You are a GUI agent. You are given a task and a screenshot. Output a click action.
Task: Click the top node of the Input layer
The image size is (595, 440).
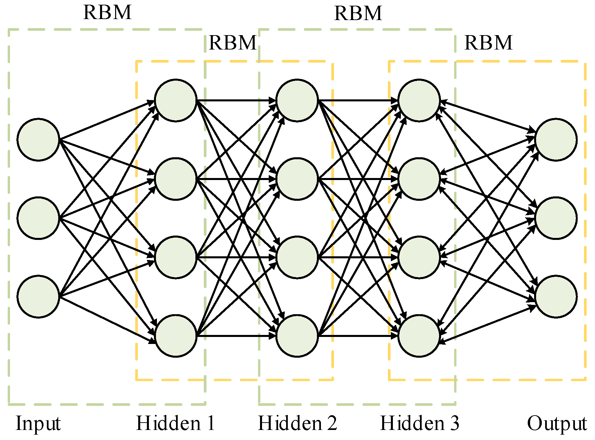pyautogui.click(x=38, y=140)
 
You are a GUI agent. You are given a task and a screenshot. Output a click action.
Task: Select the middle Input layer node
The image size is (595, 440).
pyautogui.click(x=38, y=218)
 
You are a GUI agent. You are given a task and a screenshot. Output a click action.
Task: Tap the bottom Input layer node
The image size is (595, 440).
pyautogui.click(x=38, y=296)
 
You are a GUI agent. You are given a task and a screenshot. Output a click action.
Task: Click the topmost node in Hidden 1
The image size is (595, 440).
pyautogui.click(x=176, y=100)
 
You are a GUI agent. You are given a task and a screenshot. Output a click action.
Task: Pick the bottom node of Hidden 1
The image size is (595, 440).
pyautogui.click(x=176, y=336)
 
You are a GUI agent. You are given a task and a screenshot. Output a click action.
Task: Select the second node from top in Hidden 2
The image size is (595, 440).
pyautogui.click(x=297, y=179)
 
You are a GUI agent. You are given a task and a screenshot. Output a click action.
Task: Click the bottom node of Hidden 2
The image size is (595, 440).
pyautogui.click(x=297, y=336)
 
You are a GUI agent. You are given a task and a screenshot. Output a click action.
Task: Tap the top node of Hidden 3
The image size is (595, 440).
pyautogui.click(x=419, y=100)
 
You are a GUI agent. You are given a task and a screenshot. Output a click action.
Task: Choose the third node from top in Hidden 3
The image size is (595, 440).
pyautogui.click(x=419, y=257)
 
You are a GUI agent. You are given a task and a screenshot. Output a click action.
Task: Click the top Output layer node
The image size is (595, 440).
pyautogui.click(x=556, y=140)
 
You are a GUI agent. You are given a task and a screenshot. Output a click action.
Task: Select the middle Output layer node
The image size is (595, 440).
pyautogui.click(x=556, y=218)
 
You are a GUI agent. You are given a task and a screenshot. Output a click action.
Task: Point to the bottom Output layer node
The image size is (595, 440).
pyautogui.click(x=556, y=296)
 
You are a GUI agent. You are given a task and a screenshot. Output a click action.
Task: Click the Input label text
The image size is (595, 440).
pyautogui.click(x=38, y=424)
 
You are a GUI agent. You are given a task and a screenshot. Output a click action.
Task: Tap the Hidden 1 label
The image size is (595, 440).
pyautogui.click(x=175, y=423)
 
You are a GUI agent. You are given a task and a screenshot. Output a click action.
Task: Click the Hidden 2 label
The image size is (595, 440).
pyautogui.click(x=297, y=423)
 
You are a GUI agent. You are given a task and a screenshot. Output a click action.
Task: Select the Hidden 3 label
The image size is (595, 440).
pyautogui.click(x=420, y=423)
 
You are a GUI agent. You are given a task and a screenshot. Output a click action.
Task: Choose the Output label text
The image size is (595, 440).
pyautogui.click(x=557, y=424)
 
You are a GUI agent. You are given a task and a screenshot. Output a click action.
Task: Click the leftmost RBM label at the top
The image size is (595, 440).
pyautogui.click(x=107, y=13)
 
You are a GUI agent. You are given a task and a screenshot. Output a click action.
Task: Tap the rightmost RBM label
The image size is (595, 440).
pyautogui.click(x=488, y=43)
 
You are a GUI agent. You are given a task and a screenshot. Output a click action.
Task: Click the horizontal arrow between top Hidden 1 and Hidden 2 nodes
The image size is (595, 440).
pyautogui.click(x=236, y=100)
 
